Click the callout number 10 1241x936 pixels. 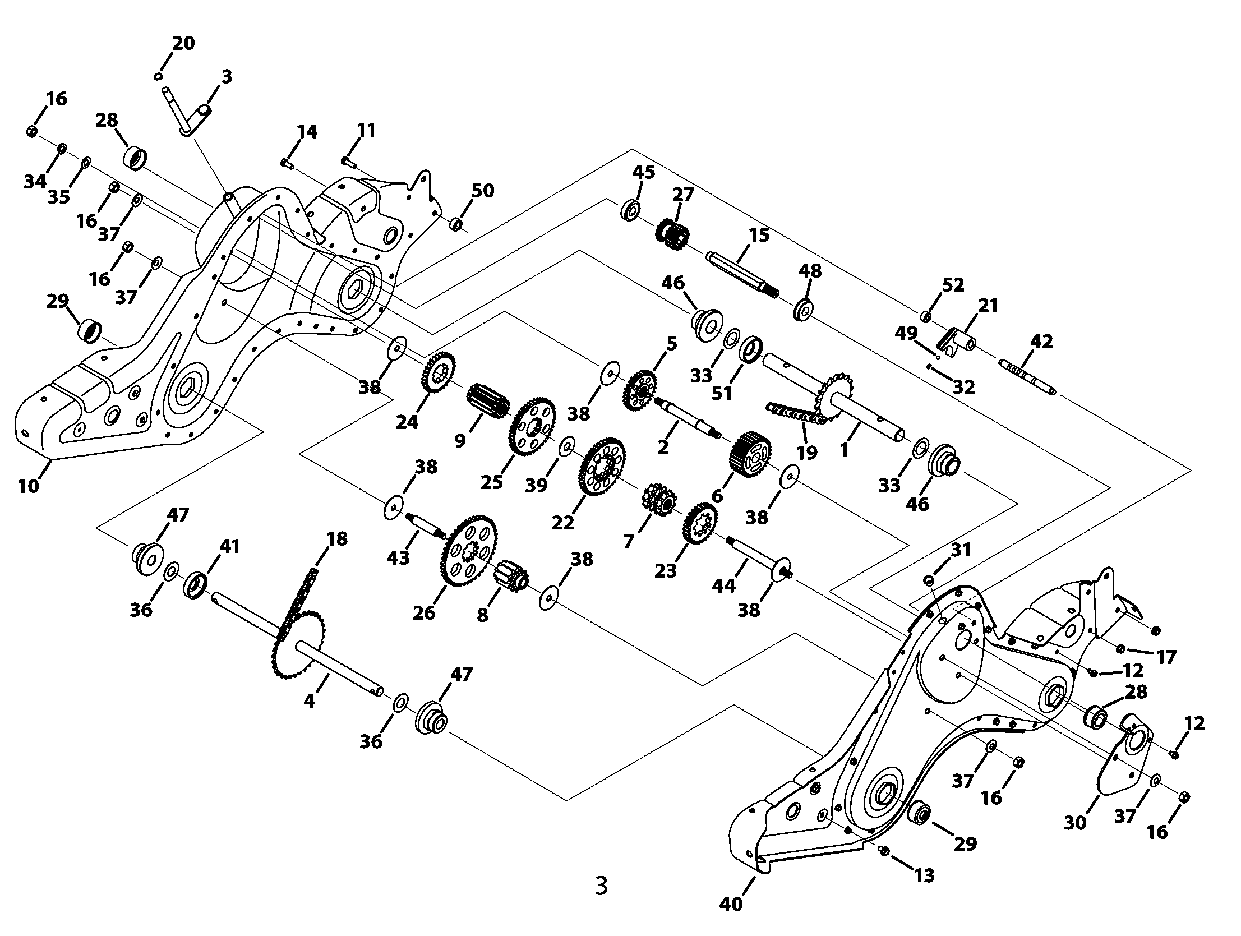[29, 486]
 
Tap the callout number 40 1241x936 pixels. [731, 903]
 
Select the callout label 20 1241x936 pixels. [183, 43]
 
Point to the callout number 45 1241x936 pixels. [644, 172]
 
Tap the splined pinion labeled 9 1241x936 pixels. [487, 398]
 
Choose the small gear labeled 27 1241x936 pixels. [671, 230]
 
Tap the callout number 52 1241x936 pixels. [953, 284]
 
